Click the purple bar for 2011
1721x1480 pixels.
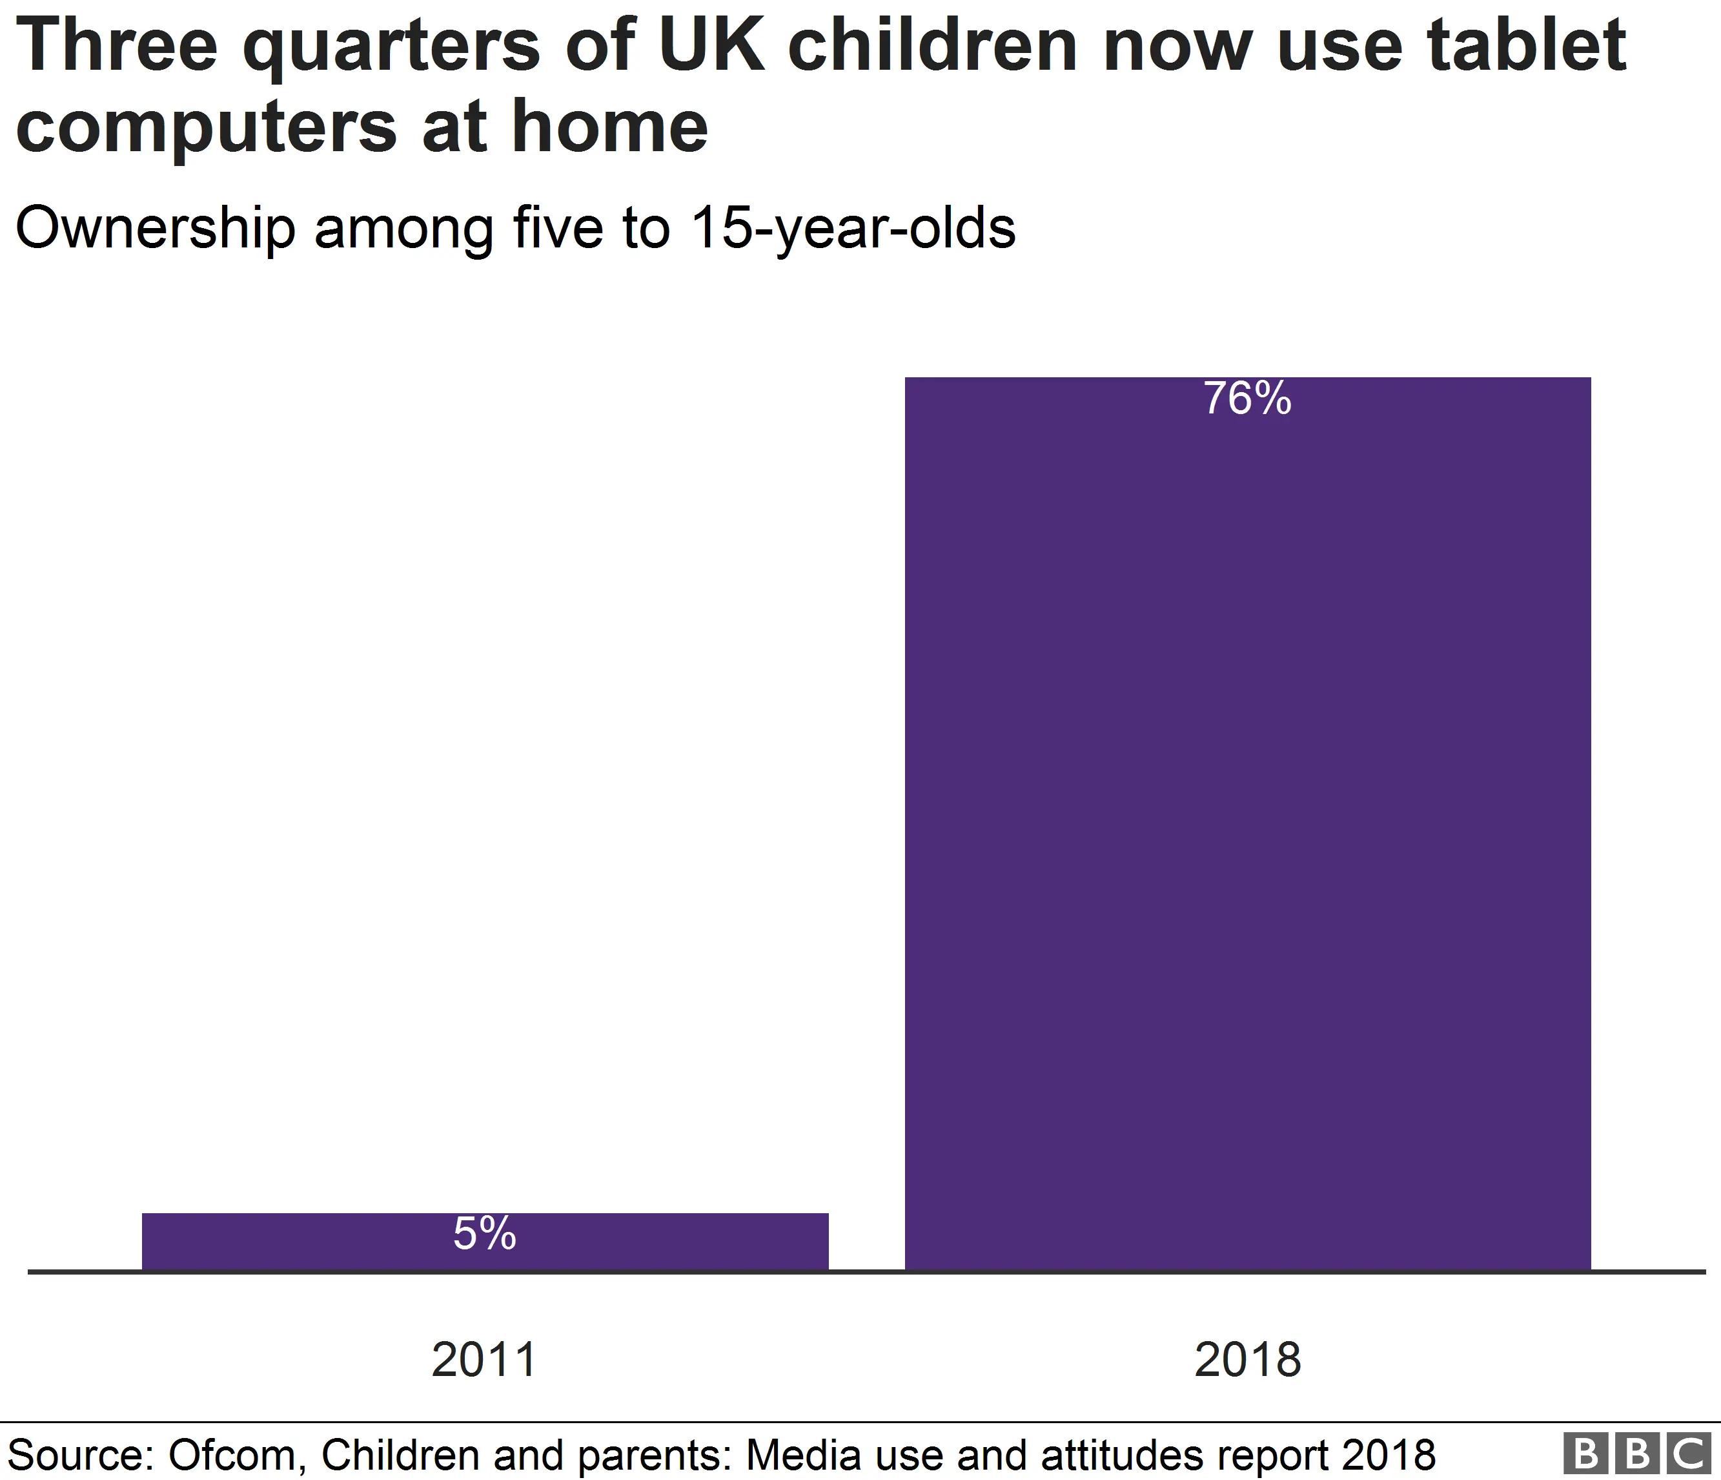coord(485,1242)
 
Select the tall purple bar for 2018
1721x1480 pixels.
coord(1248,822)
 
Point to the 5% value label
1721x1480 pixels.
coord(485,1234)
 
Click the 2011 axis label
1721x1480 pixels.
coord(484,1360)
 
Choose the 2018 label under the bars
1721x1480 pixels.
coord(1248,1360)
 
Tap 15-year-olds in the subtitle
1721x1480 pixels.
coord(852,229)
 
